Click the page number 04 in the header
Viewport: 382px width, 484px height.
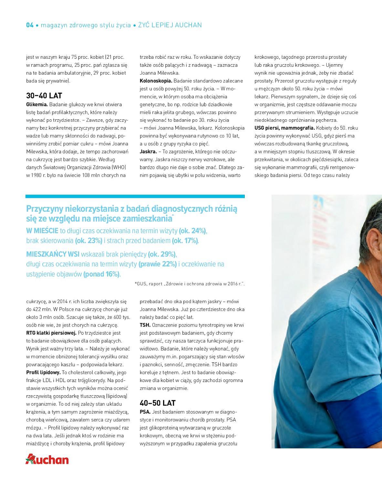(x=30, y=25)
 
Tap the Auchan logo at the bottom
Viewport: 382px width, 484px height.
(x=47, y=459)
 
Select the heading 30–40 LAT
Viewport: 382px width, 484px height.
(x=44, y=96)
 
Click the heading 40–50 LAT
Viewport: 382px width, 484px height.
(x=158, y=403)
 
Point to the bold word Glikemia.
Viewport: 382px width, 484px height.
(x=37, y=105)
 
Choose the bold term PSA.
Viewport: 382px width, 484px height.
(x=145, y=412)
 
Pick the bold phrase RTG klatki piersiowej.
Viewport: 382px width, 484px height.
(x=51, y=333)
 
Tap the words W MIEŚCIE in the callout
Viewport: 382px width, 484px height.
(x=42, y=231)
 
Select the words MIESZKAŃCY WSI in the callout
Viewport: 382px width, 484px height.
(x=53, y=254)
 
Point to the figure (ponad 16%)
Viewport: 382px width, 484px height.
(x=101, y=274)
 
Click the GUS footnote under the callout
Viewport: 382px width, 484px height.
(x=190, y=284)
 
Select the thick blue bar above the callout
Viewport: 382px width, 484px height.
(x=135, y=196)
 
